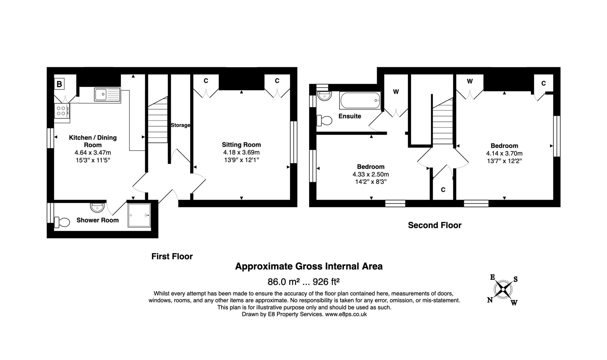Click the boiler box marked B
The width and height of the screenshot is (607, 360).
point(59,84)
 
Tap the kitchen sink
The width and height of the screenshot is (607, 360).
point(107,94)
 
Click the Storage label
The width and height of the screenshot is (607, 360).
point(180,125)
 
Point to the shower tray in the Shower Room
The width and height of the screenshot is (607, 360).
point(139,215)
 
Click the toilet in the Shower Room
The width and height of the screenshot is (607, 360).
point(62,222)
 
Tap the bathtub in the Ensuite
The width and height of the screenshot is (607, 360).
point(360,100)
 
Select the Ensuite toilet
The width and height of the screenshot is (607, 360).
point(324,120)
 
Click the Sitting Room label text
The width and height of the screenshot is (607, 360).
point(241,145)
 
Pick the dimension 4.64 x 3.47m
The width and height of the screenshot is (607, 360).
point(93,153)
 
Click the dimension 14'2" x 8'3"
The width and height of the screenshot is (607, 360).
point(370,182)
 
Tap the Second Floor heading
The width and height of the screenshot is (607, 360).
point(434,225)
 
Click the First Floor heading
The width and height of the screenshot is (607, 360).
point(172,256)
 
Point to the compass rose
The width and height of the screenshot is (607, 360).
point(503,289)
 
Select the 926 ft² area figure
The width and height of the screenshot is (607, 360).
point(326,282)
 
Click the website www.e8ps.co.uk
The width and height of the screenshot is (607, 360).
point(346,314)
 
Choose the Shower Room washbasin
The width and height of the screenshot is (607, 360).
point(97,207)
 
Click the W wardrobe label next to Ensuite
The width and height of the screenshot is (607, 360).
point(396,92)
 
